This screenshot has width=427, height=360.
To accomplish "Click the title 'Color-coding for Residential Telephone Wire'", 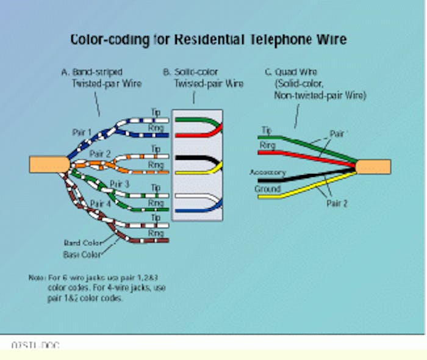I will [209, 40].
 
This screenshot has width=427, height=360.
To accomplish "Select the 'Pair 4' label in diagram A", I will [101, 203].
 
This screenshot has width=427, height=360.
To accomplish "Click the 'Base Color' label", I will [81, 254].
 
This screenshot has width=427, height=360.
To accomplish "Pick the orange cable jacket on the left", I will [49, 164].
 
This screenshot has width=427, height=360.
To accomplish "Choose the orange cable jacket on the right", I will [373, 167].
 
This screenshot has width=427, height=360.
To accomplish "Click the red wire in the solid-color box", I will [213, 129].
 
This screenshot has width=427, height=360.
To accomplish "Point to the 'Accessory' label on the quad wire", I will [267, 173].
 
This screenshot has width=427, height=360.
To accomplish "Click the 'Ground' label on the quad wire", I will [267, 189].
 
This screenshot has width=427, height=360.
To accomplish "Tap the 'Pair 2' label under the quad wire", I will [337, 204].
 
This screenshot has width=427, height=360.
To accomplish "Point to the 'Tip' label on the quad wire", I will [266, 130].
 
